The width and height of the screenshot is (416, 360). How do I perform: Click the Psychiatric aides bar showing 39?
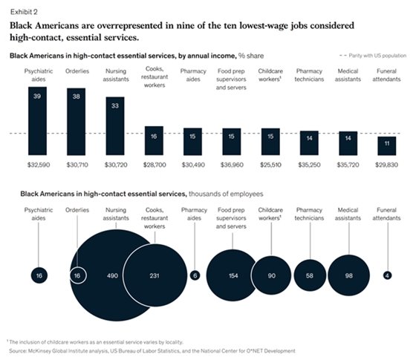pyautogui.click(x=38, y=111)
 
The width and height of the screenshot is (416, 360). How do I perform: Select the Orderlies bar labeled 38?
pyautogui.click(x=77, y=112)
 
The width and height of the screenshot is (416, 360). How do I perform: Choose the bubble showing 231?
pyautogui.click(x=154, y=275)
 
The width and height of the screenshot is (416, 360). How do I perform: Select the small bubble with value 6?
pyautogui.click(x=194, y=275)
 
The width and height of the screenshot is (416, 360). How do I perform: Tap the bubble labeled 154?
pyautogui.click(x=233, y=275)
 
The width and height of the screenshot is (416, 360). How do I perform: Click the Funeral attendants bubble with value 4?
pyautogui.click(x=387, y=275)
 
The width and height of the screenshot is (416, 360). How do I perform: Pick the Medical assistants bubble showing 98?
pyautogui.click(x=348, y=275)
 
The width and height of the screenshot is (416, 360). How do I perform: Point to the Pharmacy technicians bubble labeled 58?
pyautogui.click(x=310, y=275)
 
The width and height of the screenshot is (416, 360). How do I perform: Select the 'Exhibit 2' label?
pyautogui.click(x=22, y=9)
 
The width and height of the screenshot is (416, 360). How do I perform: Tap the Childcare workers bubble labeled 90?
pyautogui.click(x=271, y=275)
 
